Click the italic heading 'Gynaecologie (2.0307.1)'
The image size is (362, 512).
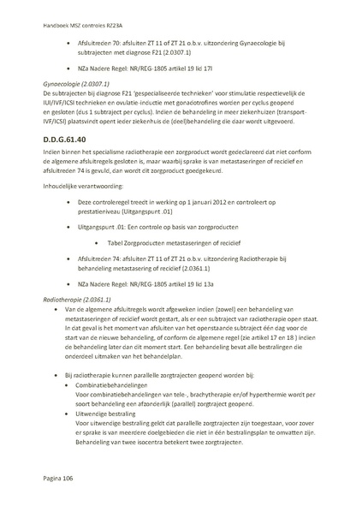click(x=75, y=85)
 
